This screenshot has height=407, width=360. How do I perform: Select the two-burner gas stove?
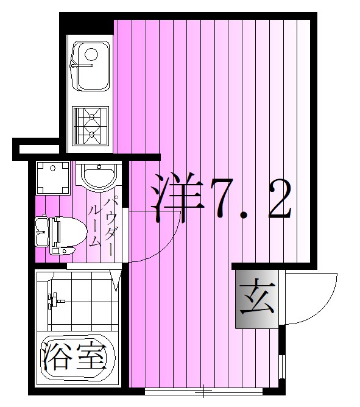point(90,123)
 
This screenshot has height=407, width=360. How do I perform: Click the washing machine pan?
point(53,177)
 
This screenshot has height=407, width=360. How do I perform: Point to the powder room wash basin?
point(98,177)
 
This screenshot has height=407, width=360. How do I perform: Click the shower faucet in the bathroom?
point(54,300)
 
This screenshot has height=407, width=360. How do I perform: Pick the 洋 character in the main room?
point(177,199)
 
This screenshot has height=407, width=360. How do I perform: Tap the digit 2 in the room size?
point(277,199)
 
